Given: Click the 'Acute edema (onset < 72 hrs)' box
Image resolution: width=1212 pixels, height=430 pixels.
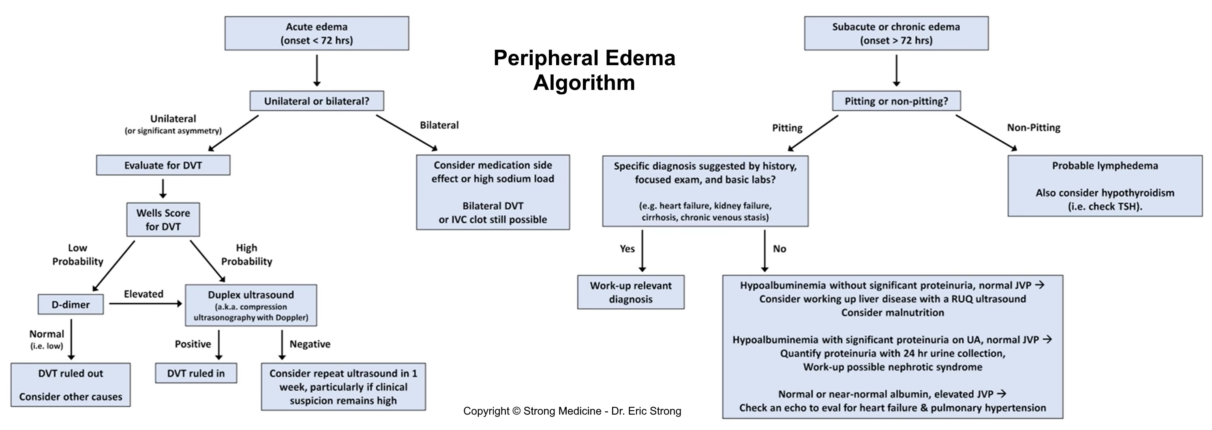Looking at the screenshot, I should pyautogui.click(x=316, y=33).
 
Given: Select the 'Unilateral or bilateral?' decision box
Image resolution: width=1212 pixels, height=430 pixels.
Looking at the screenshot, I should pyautogui.click(x=316, y=101).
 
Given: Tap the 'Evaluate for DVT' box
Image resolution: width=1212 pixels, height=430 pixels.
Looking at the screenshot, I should pyautogui.click(x=163, y=166).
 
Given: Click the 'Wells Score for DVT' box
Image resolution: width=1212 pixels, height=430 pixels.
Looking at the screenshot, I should pyautogui.click(x=163, y=219).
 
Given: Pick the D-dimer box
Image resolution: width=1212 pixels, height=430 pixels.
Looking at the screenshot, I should pyautogui.click(x=71, y=304).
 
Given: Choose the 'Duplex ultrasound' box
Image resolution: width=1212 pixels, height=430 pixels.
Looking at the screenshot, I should pyautogui.click(x=251, y=305).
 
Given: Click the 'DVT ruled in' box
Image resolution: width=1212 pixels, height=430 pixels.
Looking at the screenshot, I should pyautogui.click(x=196, y=373).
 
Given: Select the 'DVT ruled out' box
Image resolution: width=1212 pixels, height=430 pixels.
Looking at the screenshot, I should pyautogui.click(x=71, y=384).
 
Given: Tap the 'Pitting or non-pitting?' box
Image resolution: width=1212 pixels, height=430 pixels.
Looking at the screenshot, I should pyautogui.click(x=896, y=101).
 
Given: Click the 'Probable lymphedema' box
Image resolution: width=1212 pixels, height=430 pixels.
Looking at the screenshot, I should pyautogui.click(x=1104, y=185).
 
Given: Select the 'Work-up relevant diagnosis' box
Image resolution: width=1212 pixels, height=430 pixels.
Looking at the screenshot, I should pyautogui.click(x=630, y=292).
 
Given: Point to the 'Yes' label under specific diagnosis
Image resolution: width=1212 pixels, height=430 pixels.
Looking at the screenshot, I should pyautogui.click(x=627, y=249).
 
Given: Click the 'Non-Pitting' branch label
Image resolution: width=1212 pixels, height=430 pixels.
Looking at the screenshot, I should pyautogui.click(x=1033, y=128).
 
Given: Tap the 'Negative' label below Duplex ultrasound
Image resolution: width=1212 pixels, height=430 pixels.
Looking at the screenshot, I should pyautogui.click(x=310, y=344).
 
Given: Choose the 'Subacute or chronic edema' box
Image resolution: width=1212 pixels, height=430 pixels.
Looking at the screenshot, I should pyautogui.click(x=896, y=33).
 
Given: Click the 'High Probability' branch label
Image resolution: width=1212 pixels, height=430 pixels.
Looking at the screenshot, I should pyautogui.click(x=246, y=254).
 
